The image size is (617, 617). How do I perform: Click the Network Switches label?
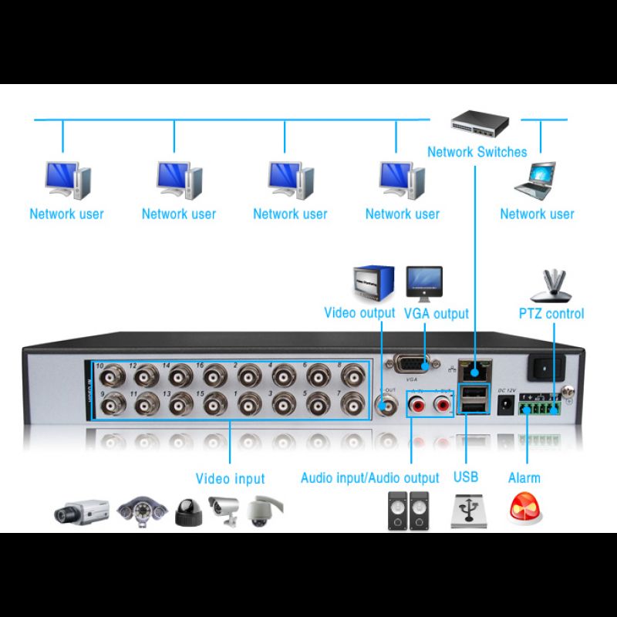[x=477, y=152]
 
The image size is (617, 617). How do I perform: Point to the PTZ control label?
[x=551, y=314]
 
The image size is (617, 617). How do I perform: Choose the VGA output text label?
[x=436, y=314]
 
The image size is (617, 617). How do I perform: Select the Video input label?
[x=230, y=479]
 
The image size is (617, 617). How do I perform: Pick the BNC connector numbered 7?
[x=353, y=404]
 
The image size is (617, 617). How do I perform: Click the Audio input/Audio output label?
[x=369, y=478]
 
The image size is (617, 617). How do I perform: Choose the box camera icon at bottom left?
[x=82, y=511]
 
